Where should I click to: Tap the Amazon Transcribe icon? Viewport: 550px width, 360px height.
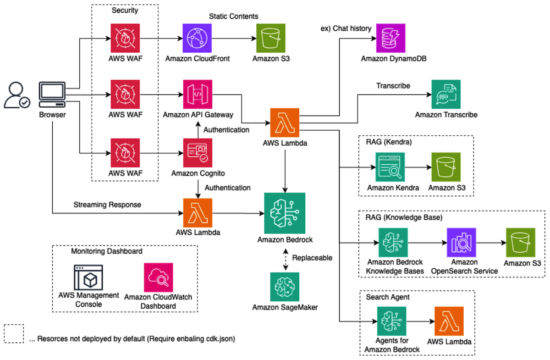point(445,94)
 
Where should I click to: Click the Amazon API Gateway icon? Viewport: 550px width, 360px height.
point(198,94)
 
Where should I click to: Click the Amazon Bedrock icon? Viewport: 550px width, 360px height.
point(285,213)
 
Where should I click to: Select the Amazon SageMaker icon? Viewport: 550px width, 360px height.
point(285,287)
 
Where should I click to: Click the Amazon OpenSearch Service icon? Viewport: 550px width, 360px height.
point(462,242)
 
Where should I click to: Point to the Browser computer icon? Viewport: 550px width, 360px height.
point(52,94)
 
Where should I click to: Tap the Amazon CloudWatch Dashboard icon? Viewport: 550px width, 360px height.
point(158,277)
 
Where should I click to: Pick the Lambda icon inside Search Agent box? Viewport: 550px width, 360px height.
point(449,321)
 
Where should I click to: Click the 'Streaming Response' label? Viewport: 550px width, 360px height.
point(107,205)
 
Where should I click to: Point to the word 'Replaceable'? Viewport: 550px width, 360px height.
point(312,258)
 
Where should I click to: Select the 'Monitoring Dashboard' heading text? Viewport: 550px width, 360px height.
point(107,251)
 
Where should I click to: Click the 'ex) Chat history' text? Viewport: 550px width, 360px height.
point(346,29)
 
